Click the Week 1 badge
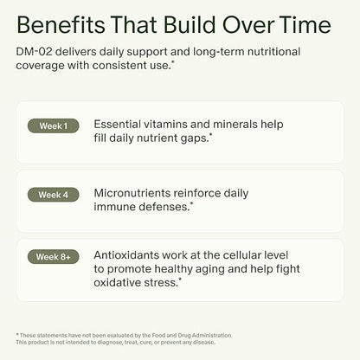54,125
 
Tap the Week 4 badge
54,194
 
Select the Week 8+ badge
54,257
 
